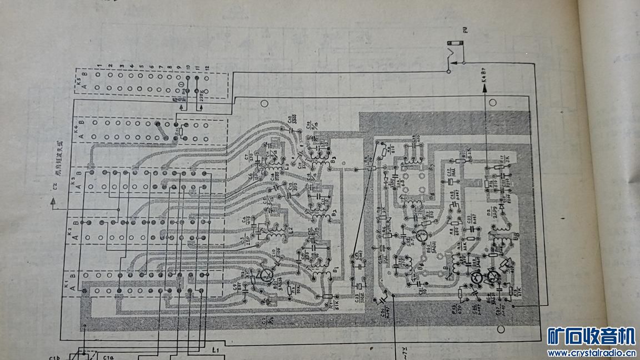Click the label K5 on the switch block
(79, 79)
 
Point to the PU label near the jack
(465, 31)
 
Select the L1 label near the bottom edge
(216, 350)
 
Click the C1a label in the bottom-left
(108, 357)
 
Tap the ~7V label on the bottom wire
(404, 351)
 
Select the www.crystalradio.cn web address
(591, 353)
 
